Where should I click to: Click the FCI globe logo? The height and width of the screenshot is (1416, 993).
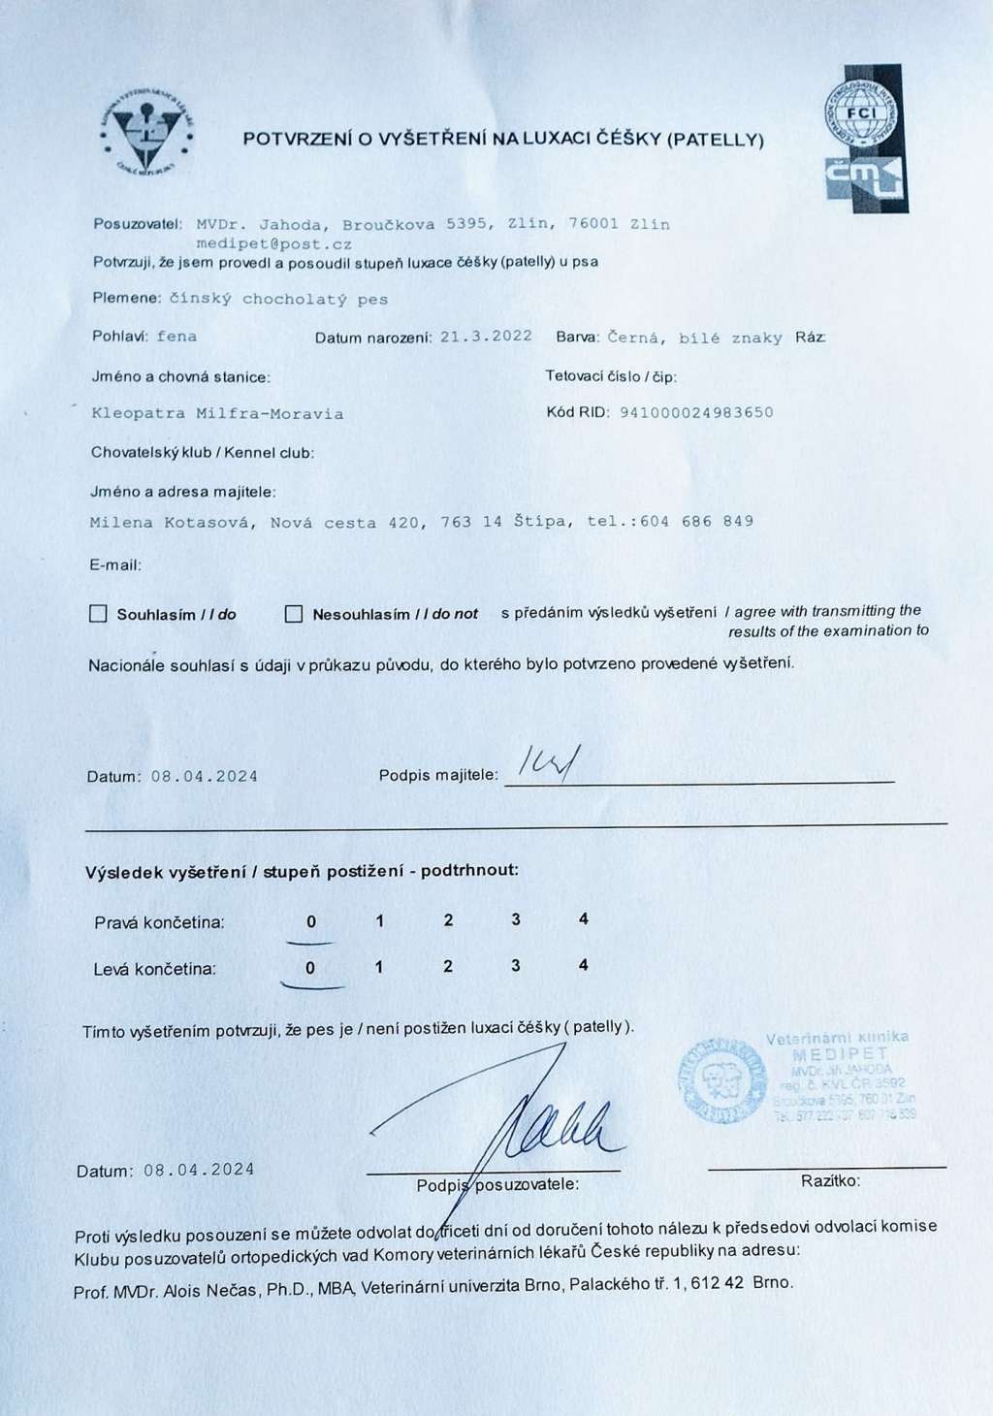[861, 113]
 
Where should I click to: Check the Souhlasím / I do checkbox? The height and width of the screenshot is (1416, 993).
[98, 614]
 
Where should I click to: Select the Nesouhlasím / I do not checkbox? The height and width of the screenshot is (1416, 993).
[294, 614]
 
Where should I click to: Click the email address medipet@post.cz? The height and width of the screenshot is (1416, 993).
[273, 244]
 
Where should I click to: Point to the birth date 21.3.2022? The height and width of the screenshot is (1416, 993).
[486, 337]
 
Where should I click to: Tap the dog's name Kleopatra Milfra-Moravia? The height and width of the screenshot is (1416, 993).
[217, 413]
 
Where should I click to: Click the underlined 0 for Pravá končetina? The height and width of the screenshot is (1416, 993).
[311, 922]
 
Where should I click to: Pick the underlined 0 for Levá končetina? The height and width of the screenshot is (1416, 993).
[310, 968]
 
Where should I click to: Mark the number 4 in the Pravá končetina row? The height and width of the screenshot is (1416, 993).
[583, 918]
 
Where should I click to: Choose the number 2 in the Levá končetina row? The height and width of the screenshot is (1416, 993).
[447, 966]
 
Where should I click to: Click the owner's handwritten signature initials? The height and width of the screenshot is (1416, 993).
[547, 764]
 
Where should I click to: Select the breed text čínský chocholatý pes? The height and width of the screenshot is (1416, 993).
[278, 300]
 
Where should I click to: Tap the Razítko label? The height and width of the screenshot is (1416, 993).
[830, 1180]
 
